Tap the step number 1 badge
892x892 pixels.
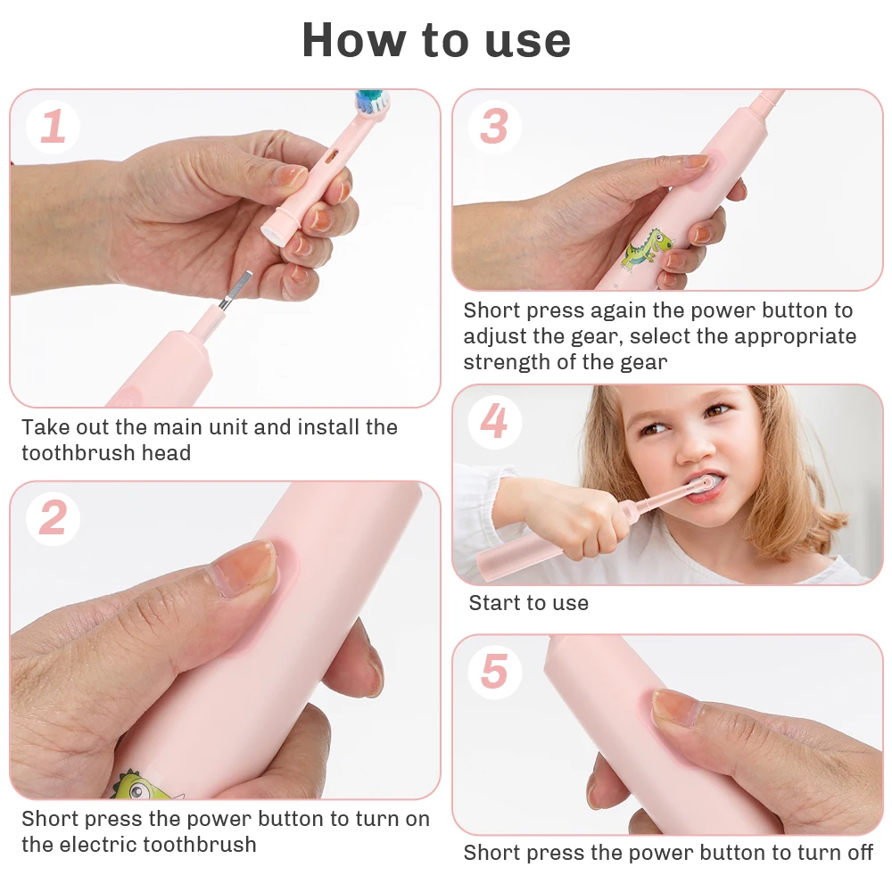[53, 127]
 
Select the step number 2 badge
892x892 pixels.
[53, 518]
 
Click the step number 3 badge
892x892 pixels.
[493, 126]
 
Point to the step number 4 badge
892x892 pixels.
[493, 421]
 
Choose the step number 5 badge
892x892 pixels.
[493, 671]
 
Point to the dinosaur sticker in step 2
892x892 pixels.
[139, 785]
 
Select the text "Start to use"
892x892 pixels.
[528, 603]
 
